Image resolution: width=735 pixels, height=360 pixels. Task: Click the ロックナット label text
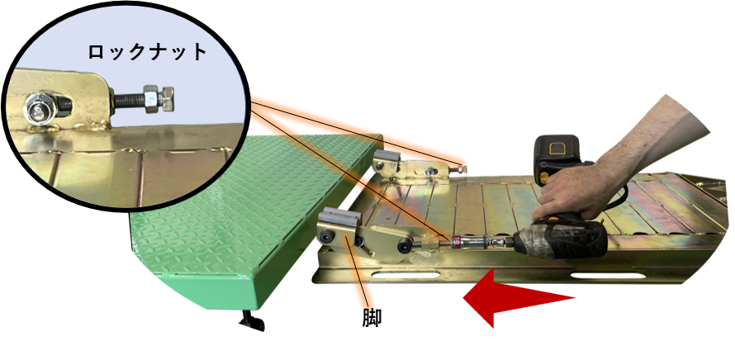pos(147,51)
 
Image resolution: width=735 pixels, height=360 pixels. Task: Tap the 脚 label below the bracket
pos(372,318)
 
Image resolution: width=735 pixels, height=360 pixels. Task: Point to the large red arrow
pos(519,297)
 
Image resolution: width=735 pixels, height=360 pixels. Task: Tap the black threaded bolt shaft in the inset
pos(126,100)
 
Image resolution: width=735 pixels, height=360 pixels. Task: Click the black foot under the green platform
pos(252,320)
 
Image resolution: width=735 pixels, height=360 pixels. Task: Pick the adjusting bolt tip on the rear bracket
pos(462,169)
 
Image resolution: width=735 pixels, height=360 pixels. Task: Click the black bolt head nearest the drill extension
pos(404,245)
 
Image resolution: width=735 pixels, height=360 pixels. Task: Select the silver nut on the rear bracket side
pos(429,173)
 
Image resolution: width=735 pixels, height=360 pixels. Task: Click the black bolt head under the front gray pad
pos(326,238)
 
